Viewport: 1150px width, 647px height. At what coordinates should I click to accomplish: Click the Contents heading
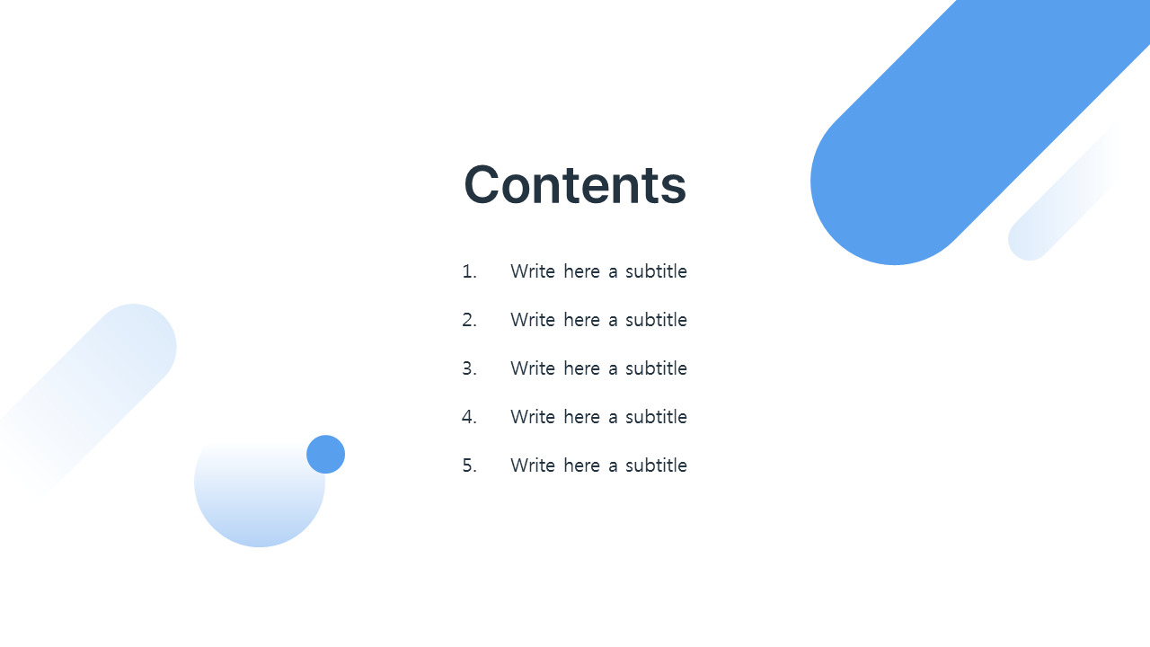pos(575,185)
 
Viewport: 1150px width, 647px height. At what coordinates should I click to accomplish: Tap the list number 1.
pos(469,271)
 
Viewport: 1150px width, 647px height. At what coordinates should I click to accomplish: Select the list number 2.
pos(469,320)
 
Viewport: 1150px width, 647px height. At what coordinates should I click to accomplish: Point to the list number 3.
pos(469,368)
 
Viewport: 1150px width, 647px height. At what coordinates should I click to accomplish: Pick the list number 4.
pos(469,417)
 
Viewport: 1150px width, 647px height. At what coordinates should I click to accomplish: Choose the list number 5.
pos(469,465)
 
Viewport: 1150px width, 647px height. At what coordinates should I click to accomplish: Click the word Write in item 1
pos(533,271)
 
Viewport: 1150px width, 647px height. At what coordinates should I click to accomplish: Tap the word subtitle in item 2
pos(656,319)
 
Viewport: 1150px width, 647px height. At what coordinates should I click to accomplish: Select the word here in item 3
pos(581,368)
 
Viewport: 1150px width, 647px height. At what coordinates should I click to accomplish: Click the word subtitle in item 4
pos(656,416)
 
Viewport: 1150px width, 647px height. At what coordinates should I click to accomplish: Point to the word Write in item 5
pos(533,465)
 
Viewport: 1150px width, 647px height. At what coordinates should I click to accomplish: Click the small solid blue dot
pos(325,455)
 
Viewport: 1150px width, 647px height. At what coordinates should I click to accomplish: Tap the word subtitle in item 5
pos(656,465)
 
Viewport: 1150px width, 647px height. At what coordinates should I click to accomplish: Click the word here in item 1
pos(581,271)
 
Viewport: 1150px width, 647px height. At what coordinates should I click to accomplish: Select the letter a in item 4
pos(613,418)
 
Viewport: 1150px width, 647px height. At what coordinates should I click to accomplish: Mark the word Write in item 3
pos(533,368)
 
